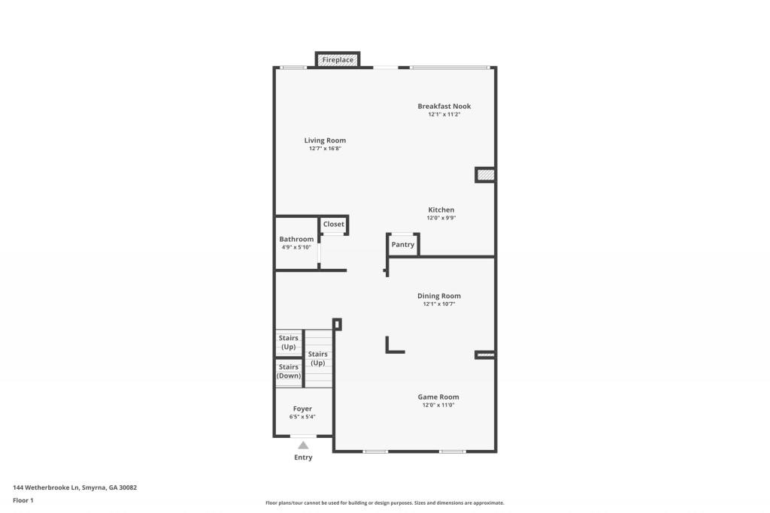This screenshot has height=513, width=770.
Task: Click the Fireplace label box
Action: (338, 59)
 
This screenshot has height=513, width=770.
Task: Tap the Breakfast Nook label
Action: (444, 106)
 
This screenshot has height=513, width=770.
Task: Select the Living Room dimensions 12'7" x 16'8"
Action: (325, 148)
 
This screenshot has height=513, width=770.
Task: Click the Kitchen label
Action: (441, 210)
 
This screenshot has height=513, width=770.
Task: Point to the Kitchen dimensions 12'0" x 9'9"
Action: (441, 218)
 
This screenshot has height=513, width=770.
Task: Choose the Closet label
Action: (333, 224)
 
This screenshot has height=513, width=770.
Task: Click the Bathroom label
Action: (296, 239)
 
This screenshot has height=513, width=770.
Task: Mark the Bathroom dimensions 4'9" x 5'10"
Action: (296, 247)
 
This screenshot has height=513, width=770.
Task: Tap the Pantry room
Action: (403, 244)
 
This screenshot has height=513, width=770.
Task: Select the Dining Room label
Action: (439, 296)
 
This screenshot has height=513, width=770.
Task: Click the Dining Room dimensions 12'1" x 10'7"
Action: (439, 304)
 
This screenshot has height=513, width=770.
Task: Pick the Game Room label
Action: (438, 397)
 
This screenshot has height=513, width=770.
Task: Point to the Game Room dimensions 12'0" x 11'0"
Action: (438, 405)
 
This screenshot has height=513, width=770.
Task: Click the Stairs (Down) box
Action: (289, 373)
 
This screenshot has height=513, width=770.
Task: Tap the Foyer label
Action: (302, 409)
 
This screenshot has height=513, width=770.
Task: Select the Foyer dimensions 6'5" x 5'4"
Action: (302, 417)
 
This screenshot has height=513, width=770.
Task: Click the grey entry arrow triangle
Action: (304, 445)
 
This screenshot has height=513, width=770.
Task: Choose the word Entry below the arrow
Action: (303, 457)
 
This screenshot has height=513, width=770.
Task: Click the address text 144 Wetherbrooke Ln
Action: (46, 487)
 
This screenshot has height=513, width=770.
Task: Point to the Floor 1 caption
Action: (23, 500)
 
